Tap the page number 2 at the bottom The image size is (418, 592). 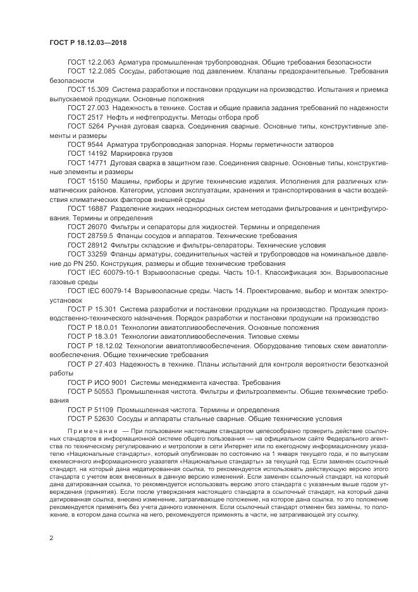tap(51, 538)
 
